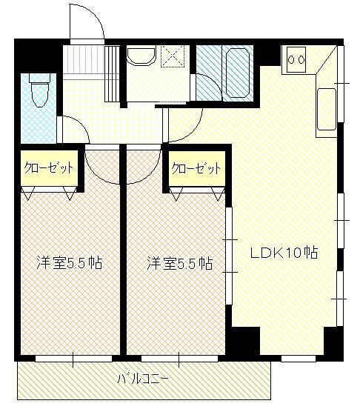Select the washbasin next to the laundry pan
click(139, 59)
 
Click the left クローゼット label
click(48, 167)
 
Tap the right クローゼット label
click(196, 168)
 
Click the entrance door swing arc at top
click(84, 22)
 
